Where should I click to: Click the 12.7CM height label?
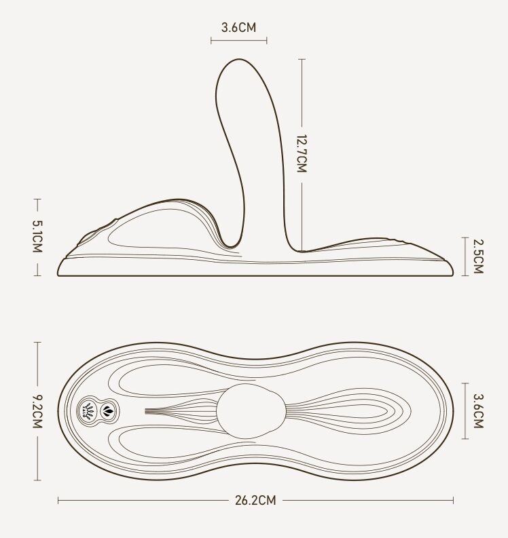coord(302,153)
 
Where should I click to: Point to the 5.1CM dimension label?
coord(37,237)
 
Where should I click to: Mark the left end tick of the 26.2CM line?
coord(58,501)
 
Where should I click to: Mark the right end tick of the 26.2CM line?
coord(453,501)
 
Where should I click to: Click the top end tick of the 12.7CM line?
coord(302,59)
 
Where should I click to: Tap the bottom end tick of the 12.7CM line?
coord(302,250)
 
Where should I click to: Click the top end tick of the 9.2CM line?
coord(37,342)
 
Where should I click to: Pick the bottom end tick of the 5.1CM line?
coord(37,275)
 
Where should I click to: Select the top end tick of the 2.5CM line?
coord(466,237)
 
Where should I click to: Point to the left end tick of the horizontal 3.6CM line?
coord(211,41)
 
